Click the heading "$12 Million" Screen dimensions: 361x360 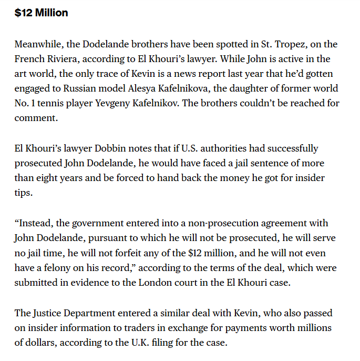tap(41, 13)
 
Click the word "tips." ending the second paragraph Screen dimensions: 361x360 tap(23, 193)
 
